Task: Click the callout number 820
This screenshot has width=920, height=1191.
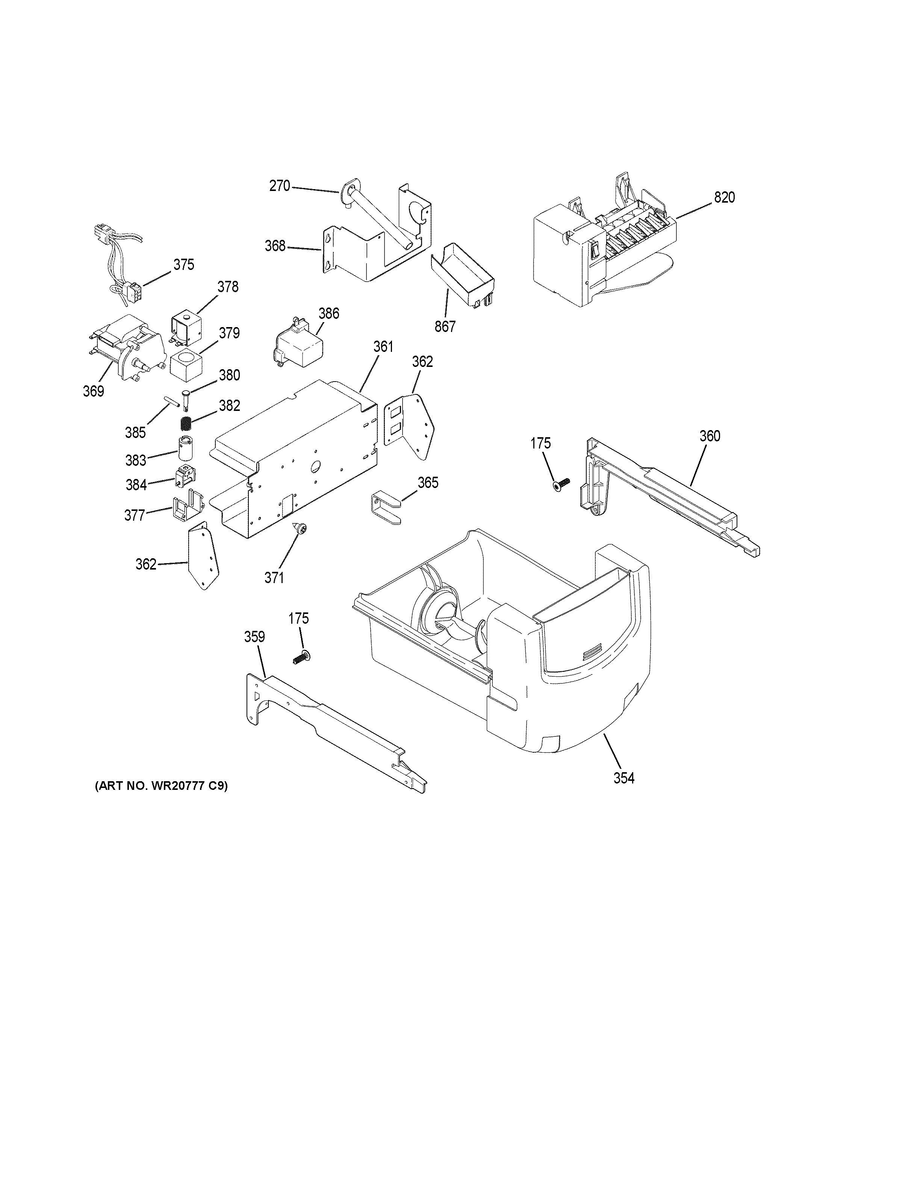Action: [x=724, y=197]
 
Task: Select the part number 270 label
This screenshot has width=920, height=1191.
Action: [x=280, y=186]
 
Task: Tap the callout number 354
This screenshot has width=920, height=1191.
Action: [x=624, y=778]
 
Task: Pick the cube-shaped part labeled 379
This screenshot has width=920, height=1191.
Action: [x=186, y=365]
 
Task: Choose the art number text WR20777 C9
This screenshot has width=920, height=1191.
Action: [x=161, y=786]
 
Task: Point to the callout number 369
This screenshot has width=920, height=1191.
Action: [x=93, y=391]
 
